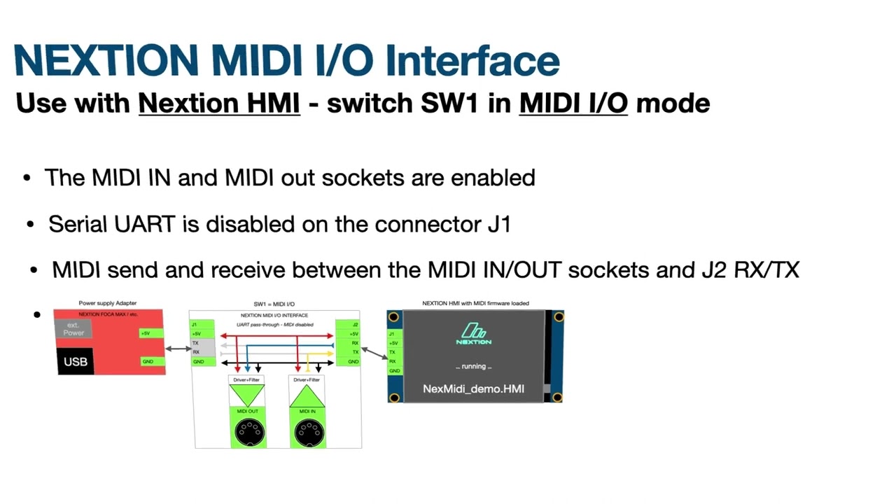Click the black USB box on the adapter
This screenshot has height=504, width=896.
coord(76,361)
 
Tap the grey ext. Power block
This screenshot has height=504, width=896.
coord(73,329)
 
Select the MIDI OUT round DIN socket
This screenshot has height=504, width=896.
coord(248,433)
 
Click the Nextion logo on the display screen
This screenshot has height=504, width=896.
coord(474,334)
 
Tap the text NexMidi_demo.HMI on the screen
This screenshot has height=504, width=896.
coord(473,388)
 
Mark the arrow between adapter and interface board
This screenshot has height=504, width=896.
coord(177,348)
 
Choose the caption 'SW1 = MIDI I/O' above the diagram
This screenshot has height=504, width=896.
coord(274,304)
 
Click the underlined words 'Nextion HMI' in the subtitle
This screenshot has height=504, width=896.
coord(219,103)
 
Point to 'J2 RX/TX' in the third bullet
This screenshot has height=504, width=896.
coord(750,269)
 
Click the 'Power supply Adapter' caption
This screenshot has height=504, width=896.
coord(108,303)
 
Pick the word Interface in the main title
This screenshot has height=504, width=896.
coord(472,60)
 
